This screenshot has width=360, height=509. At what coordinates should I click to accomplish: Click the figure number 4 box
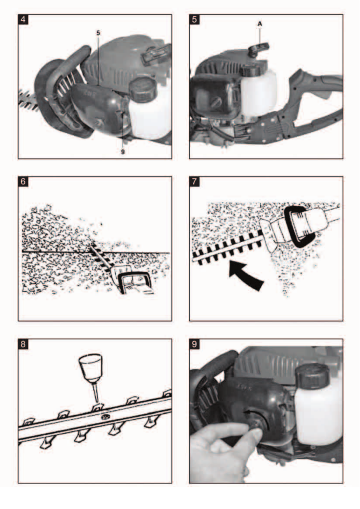[x=23, y=19]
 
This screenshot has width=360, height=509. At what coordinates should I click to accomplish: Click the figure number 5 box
[x=194, y=19]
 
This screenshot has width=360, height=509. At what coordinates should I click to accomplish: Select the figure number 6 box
[x=23, y=182]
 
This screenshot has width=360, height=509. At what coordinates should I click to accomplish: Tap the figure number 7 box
[x=194, y=182]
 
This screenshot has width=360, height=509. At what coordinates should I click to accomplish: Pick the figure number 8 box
[x=23, y=344]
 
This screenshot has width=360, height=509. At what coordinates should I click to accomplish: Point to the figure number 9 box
[x=194, y=344]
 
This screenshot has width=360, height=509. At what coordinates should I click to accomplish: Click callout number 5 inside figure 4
[x=98, y=33]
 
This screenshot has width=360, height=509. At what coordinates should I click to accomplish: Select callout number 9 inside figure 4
[x=123, y=152]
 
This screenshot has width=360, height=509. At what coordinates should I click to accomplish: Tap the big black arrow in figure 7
[x=245, y=275]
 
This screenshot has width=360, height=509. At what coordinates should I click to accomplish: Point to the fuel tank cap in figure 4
[x=143, y=89]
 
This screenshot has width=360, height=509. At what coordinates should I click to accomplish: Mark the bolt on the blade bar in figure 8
[x=105, y=417]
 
